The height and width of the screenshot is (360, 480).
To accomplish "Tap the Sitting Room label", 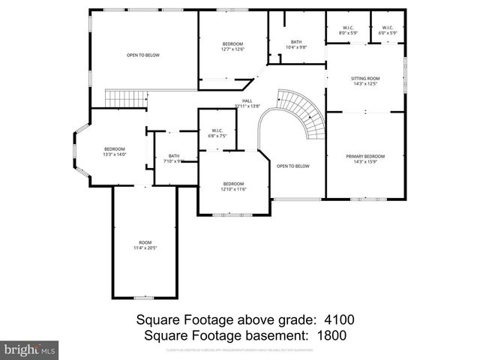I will [x=365, y=81].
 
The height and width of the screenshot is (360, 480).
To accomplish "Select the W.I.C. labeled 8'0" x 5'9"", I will [x=348, y=31].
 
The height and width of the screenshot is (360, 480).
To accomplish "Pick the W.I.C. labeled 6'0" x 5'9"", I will [x=387, y=31].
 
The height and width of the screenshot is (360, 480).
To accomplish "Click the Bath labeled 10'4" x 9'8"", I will [x=296, y=44].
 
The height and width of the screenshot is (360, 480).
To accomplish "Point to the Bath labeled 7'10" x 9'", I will [x=174, y=157].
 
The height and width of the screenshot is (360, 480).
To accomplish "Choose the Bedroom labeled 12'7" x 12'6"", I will [x=233, y=46].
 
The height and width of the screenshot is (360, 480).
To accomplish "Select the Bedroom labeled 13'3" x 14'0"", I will [x=115, y=151].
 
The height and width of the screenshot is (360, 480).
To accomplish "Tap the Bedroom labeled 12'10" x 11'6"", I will [x=233, y=186].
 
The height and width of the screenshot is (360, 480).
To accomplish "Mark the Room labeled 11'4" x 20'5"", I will [x=144, y=244].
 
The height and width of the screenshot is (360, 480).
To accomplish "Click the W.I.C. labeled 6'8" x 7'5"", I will [x=217, y=133].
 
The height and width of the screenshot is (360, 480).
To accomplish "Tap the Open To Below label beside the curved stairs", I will [x=292, y=166].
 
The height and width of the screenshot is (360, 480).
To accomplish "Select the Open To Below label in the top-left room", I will [x=142, y=55].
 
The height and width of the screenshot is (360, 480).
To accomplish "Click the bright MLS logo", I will [x=29, y=350].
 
